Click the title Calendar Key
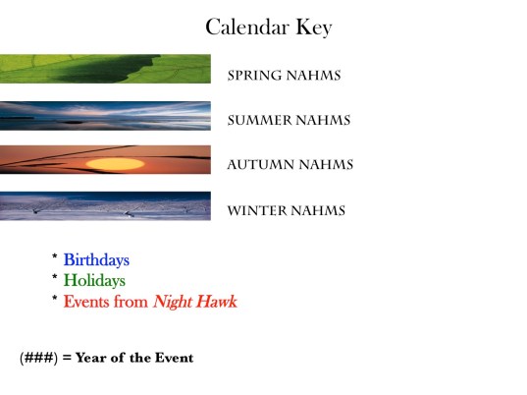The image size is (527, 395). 268,27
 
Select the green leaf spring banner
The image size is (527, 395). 105,68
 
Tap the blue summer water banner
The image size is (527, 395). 105,115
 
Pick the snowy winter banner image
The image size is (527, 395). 105,205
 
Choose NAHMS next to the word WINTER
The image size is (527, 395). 317,210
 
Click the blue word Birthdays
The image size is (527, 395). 96,260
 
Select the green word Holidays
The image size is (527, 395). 94,281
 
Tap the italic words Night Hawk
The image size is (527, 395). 194,302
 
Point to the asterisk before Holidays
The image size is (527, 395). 55,279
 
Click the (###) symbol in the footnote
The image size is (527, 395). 38,358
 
